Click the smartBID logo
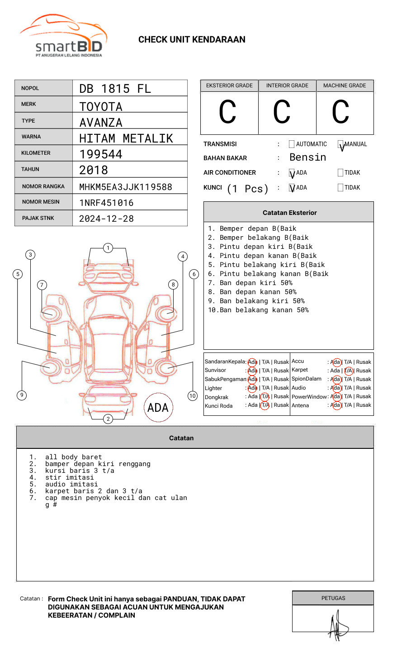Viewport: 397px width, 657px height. (63, 36)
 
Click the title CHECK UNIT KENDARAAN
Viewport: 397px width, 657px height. (192, 40)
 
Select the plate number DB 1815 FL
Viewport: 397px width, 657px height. (115, 89)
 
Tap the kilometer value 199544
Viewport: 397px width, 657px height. (101, 154)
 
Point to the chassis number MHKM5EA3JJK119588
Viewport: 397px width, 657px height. (126, 187)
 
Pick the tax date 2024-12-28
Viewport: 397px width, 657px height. (106, 219)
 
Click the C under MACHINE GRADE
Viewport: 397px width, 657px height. (340, 112)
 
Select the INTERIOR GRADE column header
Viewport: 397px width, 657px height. (287, 86)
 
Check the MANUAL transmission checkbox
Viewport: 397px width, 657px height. (340, 144)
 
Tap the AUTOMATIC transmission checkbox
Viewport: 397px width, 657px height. (292, 144)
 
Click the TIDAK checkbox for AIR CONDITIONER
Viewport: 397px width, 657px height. (340, 173)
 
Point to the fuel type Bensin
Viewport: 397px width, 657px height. (307, 157)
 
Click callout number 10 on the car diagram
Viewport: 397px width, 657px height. (193, 396)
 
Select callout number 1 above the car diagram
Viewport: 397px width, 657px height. (108, 248)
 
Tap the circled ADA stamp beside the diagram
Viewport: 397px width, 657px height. (158, 408)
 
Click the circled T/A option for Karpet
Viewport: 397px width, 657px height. (348, 371)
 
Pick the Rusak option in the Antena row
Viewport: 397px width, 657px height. (364, 405)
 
